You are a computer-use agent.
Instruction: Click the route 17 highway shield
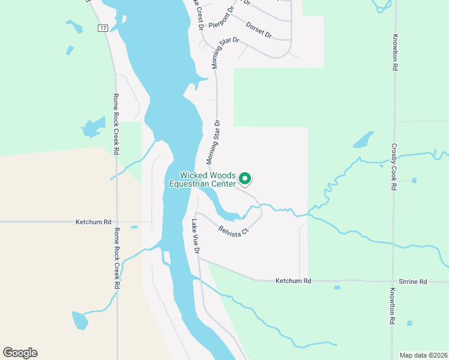pyautogui.click(x=103, y=28)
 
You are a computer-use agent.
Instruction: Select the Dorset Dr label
pyautogui.click(x=259, y=29)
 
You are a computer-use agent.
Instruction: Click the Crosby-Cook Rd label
pyautogui.click(x=394, y=167)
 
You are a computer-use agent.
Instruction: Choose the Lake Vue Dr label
pyautogui.click(x=195, y=235)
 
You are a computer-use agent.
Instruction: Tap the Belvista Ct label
pyautogui.click(x=234, y=231)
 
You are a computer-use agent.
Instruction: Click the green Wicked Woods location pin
pyautogui.click(x=245, y=178)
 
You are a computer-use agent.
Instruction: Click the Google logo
pyautogui.click(x=20, y=353)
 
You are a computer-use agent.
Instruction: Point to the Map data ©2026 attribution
pyautogui.click(x=423, y=355)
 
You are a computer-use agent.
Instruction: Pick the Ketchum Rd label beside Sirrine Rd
pyautogui.click(x=293, y=281)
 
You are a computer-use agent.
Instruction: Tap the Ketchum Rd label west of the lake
pyautogui.click(x=94, y=222)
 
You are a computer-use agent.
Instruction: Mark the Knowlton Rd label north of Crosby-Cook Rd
pyautogui.click(x=396, y=53)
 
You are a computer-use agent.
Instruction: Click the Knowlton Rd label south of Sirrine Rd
pyautogui.click(x=391, y=306)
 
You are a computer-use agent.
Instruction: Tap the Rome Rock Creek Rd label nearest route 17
pyautogui.click(x=117, y=125)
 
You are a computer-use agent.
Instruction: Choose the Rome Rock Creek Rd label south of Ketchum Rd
pyautogui.click(x=117, y=258)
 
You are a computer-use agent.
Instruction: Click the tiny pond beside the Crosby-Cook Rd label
pyautogui.click(x=414, y=180)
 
